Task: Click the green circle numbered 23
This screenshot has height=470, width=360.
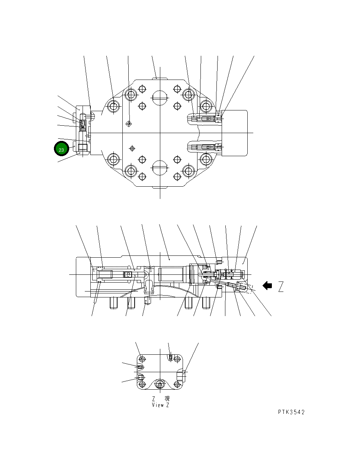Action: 61,149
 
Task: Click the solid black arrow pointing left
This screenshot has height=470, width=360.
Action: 267,286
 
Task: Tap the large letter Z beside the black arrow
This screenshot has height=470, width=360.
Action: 280,287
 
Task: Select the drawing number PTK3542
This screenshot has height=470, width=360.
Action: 291,412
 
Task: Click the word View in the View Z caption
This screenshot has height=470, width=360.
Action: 157,405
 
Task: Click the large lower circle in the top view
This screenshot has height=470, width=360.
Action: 160,169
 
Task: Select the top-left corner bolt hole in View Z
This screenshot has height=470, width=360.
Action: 142,359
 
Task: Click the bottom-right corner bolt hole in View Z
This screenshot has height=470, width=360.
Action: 178,384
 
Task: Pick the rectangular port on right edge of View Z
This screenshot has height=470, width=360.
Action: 180,376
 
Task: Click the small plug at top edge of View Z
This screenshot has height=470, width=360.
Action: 170,357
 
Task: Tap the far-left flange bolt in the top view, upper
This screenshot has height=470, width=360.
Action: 113,107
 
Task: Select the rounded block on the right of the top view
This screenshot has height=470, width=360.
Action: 234,133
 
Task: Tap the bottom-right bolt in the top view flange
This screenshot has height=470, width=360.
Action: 206,160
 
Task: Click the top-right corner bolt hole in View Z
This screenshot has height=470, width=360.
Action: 178,359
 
